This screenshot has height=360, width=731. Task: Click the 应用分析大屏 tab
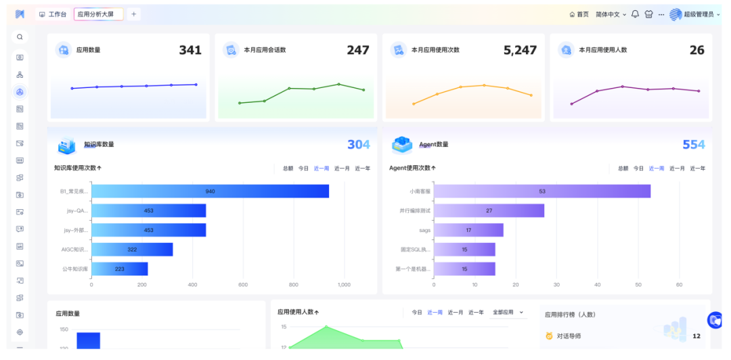point(98,14)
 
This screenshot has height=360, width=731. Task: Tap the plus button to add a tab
point(133,14)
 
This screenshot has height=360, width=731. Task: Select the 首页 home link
point(579,14)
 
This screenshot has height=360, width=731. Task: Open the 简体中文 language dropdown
point(611,14)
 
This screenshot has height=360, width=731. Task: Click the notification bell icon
point(635,14)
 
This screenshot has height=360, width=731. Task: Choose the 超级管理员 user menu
point(695,14)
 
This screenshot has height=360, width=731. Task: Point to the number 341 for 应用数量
point(190,50)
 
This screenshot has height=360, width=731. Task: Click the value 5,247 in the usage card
point(520,50)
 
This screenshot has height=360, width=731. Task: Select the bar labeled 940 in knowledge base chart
point(211,192)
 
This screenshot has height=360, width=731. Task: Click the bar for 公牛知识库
point(120,269)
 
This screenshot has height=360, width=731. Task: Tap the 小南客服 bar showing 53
point(542,192)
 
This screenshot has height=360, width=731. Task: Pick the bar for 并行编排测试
point(489,210)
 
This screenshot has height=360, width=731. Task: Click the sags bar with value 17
point(468,230)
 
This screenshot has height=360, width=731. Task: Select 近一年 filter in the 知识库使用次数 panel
point(363,168)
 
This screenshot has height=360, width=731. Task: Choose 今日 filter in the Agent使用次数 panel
point(638,168)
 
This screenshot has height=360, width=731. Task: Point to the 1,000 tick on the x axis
point(344,285)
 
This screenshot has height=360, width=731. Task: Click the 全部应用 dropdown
point(508,313)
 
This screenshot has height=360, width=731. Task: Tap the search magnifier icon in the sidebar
point(20,37)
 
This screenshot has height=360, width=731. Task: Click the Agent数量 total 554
point(694,144)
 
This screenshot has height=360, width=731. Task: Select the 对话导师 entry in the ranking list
point(569,336)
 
